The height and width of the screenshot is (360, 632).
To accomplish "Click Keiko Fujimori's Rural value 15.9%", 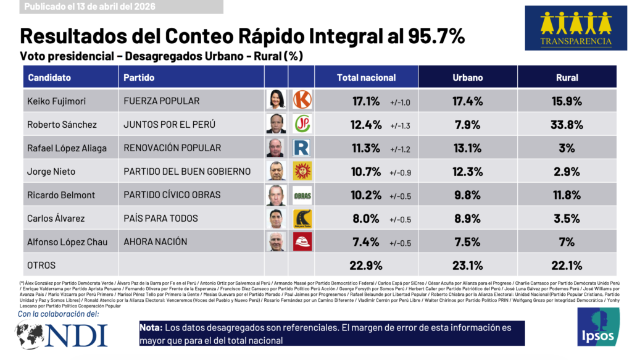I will click(x=567, y=100).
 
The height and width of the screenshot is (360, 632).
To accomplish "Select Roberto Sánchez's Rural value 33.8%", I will click(x=567, y=124).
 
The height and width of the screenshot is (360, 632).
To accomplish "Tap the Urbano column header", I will click(x=468, y=78).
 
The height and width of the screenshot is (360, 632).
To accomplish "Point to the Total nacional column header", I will click(x=366, y=78).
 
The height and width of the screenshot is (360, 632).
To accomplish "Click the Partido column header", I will click(x=139, y=78).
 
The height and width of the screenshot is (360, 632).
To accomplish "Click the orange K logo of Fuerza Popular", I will click(x=302, y=99).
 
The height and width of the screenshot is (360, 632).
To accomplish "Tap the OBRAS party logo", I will click(x=302, y=195).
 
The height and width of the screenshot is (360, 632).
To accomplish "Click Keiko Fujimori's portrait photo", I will click(x=276, y=99).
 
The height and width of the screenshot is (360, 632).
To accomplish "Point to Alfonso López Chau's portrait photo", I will click(x=276, y=242).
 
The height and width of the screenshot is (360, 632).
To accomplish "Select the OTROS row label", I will click(x=42, y=266).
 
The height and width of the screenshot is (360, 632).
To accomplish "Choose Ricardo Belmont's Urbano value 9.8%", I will click(x=467, y=195).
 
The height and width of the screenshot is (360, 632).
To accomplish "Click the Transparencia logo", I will click(x=576, y=28).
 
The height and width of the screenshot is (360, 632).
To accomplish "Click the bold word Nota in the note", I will click(x=151, y=327).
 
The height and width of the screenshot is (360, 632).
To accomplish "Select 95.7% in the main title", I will click(x=434, y=37).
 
